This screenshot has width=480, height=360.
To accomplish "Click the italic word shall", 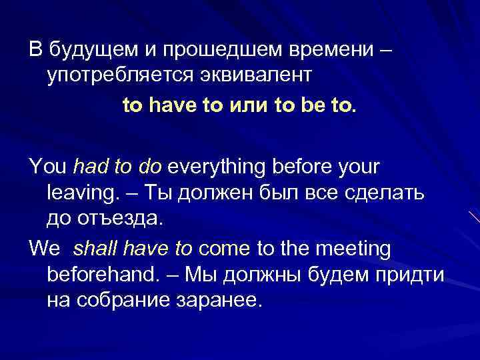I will pos(94,248).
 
